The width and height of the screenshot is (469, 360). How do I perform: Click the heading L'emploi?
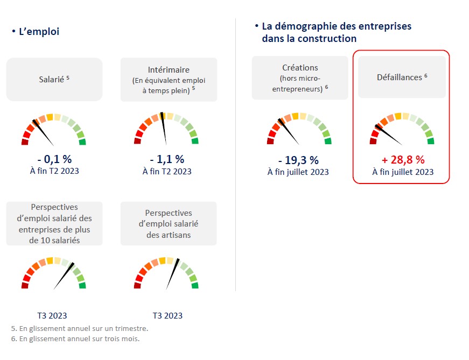tap(39, 32)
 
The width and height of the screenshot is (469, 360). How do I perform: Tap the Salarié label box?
tap(54, 79)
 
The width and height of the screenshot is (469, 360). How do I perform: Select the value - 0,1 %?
tap(54, 159)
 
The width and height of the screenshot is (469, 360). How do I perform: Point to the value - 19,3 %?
tap(298, 160)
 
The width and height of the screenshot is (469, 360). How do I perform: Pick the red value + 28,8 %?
tap(403, 160)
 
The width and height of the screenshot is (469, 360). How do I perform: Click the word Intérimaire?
tap(169, 70)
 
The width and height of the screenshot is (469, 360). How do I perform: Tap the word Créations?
tap(300, 68)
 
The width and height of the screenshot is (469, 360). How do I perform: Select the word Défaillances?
tap(399, 77)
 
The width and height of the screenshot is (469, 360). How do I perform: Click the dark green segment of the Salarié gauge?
tap(82, 142)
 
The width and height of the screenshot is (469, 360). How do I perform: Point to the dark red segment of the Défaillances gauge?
tap(373, 142)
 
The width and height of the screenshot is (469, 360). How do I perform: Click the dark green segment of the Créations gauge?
tap(327, 142)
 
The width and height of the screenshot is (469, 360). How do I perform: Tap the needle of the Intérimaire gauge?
tap(164, 129)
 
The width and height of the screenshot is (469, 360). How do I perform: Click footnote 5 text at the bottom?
tap(79, 328)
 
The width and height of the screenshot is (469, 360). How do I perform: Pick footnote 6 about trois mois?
tap(79, 339)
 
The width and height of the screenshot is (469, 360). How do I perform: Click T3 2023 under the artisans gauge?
tap(167, 316)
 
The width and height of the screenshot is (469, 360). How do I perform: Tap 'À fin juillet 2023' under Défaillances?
tap(403, 172)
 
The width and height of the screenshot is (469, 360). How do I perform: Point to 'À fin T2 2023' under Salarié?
tap(54, 172)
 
